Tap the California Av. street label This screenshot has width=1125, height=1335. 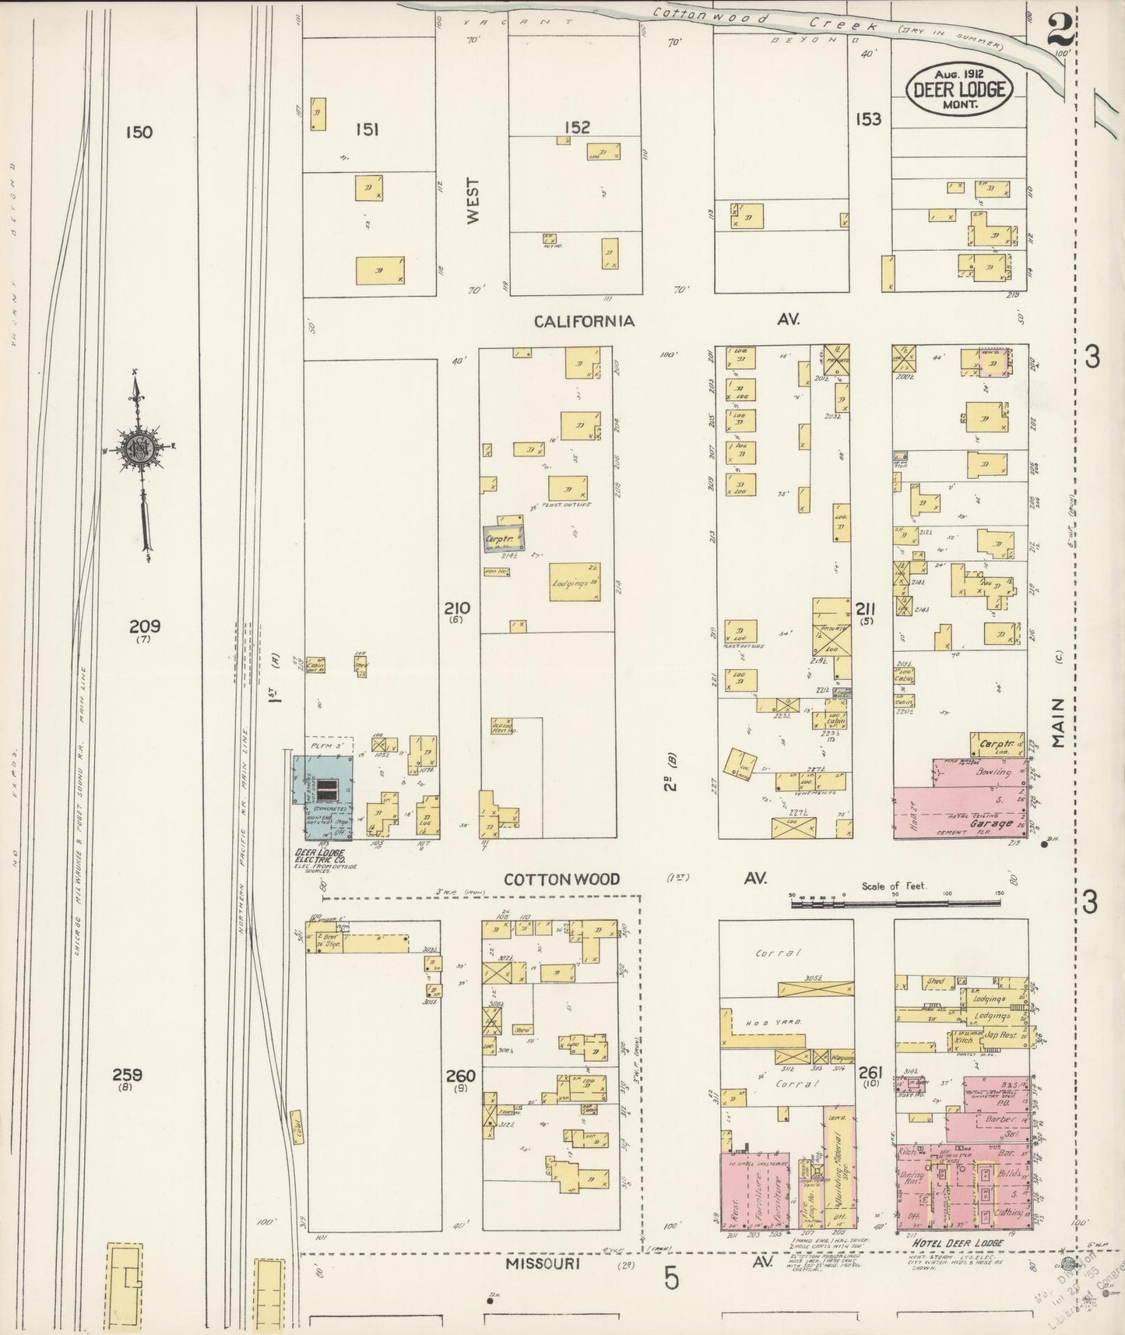(x=584, y=321)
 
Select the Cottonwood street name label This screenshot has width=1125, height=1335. (x=561, y=879)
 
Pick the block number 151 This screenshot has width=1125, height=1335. (x=366, y=129)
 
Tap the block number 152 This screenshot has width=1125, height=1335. (x=577, y=127)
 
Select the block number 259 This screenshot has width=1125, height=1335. (x=127, y=1075)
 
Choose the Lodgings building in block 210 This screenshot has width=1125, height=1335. (x=575, y=582)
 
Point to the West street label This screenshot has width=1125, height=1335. (x=473, y=201)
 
